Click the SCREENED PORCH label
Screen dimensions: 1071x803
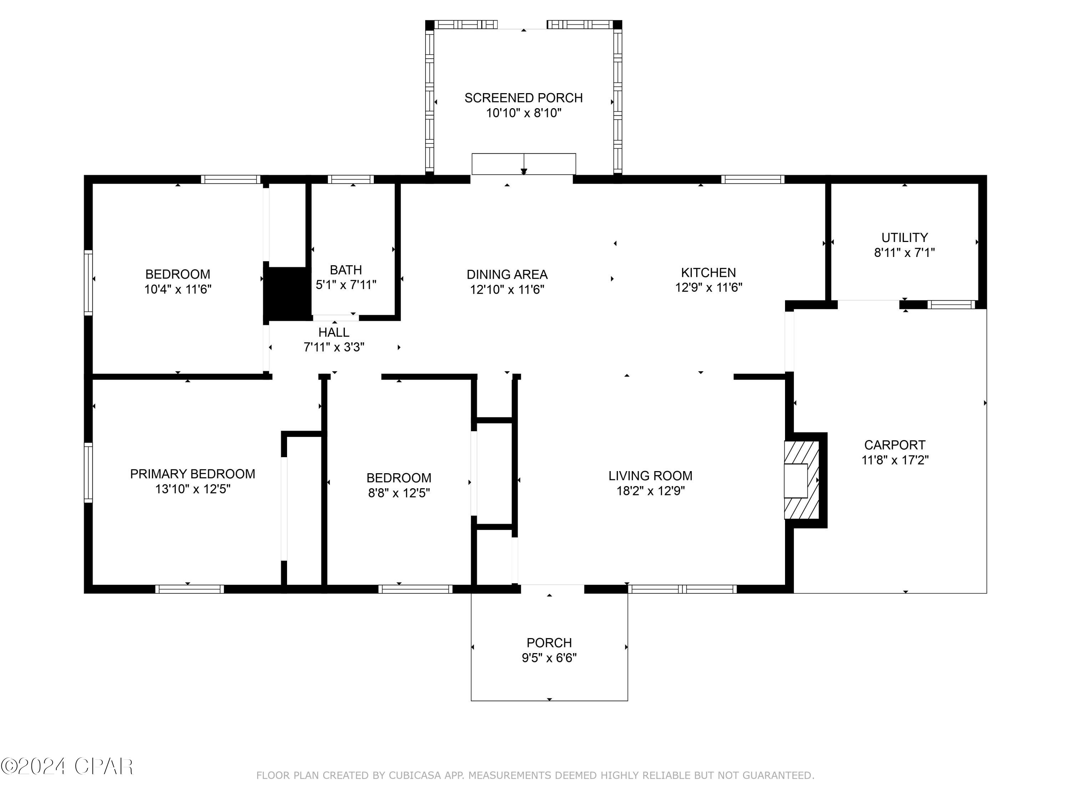[523, 98]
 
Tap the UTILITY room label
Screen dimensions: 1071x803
[904, 238]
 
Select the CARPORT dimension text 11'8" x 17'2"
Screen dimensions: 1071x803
[895, 460]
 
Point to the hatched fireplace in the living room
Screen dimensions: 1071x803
[802, 480]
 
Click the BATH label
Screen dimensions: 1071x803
[346, 269]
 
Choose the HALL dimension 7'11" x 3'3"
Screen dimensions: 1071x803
[333, 347]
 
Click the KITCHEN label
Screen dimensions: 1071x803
[708, 273]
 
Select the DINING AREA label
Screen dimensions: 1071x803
[507, 274]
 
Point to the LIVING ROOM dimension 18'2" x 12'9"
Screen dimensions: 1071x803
[650, 491]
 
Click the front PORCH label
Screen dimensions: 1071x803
[549, 643]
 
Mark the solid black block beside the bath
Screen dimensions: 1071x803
[287, 293]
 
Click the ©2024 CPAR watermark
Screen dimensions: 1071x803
[67, 766]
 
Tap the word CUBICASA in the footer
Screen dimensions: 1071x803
[415, 776]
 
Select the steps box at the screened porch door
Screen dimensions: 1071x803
[524, 163]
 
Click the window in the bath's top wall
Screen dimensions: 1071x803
[351, 180]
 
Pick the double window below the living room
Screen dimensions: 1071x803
[682, 589]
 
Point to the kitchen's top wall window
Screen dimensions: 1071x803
[753, 180]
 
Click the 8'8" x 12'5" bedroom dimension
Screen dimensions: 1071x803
[398, 493]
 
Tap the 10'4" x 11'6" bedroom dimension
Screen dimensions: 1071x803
[178, 289]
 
